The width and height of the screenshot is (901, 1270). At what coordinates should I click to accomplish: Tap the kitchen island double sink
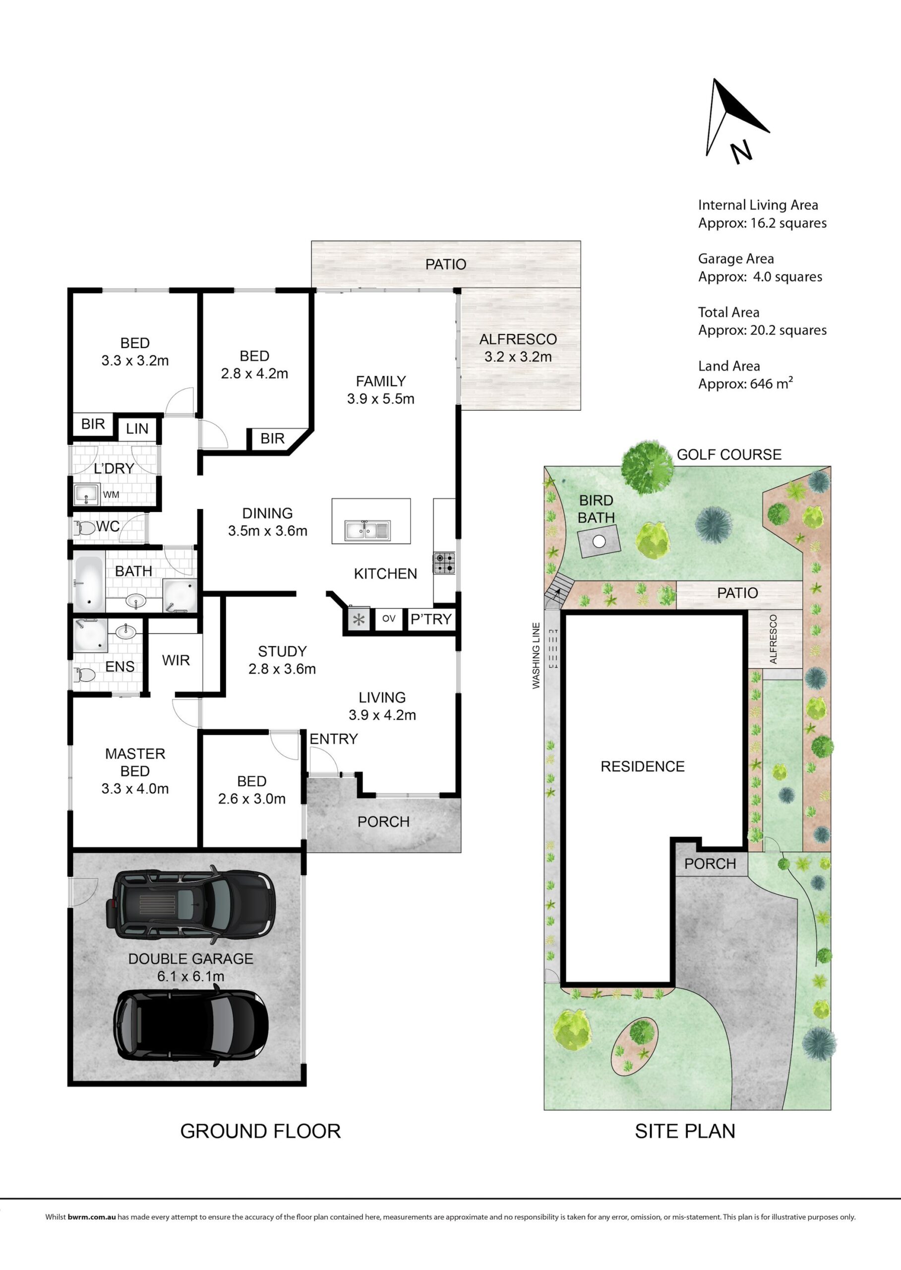367,530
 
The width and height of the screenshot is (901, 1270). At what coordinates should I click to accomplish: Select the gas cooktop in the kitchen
444,563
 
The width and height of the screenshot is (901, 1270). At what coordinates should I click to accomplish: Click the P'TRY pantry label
431,619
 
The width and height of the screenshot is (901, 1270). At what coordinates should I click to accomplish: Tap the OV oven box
388,618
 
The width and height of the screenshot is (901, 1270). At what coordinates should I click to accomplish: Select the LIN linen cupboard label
137,429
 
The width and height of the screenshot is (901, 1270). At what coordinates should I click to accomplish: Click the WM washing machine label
111,495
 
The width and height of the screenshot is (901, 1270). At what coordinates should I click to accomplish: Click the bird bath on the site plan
599,542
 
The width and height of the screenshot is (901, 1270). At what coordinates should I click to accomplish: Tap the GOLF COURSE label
729,454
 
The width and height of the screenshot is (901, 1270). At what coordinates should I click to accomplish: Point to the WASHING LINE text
536,655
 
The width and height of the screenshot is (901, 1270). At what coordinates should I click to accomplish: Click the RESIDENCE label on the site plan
643,766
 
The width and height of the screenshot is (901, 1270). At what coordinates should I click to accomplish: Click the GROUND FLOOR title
260,1131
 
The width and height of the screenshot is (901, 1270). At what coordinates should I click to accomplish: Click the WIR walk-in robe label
176,660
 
